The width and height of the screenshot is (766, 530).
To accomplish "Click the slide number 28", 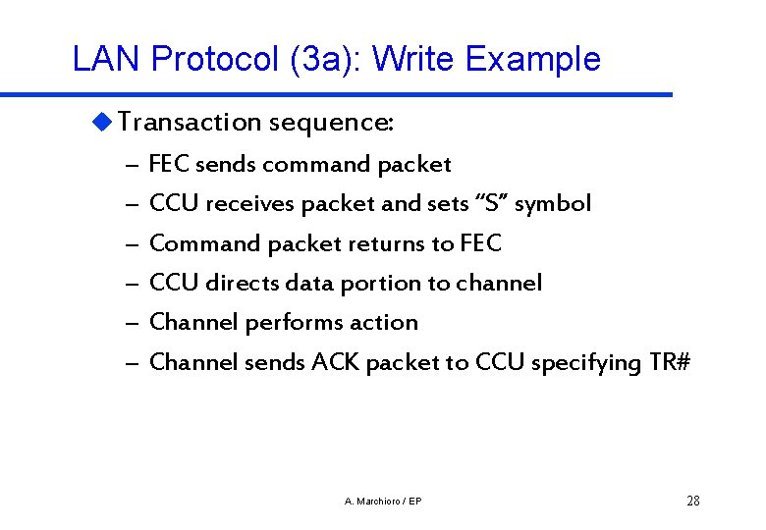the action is click(x=693, y=502).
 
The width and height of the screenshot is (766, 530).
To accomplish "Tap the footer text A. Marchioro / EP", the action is click(x=384, y=502).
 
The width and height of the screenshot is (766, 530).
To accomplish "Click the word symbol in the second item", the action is click(x=553, y=204).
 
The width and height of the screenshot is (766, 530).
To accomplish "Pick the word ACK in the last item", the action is click(x=336, y=362).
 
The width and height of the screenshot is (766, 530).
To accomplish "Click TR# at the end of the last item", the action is click(x=671, y=362).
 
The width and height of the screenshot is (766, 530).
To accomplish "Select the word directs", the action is click(x=242, y=283).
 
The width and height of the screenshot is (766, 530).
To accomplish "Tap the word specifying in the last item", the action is click(x=586, y=363).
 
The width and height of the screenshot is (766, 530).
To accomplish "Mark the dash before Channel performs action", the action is click(x=131, y=323).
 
